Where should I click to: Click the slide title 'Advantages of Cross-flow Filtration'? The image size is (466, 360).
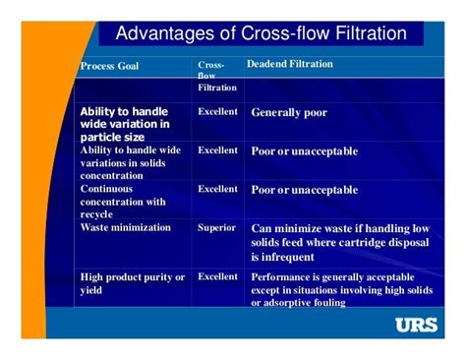(x=262, y=34)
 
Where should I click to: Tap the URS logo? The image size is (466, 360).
(x=416, y=326)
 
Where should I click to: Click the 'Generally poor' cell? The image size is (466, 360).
(x=289, y=112)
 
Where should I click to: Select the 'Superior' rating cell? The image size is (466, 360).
(x=216, y=227)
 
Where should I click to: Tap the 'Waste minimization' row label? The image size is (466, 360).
(x=125, y=227)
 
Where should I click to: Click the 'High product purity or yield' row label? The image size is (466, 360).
(x=132, y=283)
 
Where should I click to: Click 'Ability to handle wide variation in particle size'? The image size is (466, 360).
(x=125, y=124)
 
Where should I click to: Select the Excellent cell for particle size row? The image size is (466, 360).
(x=217, y=111)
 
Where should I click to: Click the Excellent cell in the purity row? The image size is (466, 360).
(x=217, y=276)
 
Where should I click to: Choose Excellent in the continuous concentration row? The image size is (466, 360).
(x=217, y=188)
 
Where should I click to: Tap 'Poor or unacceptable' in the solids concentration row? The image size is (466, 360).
(x=305, y=151)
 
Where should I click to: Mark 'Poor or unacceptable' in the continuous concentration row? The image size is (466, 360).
(x=305, y=189)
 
